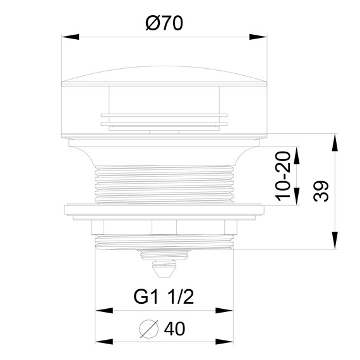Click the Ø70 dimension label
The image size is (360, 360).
pyautogui.click(x=164, y=23)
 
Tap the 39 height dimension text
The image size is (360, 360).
pyautogui.click(x=321, y=191)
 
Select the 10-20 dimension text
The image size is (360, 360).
pyautogui.click(x=283, y=176)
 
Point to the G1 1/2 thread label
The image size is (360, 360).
pyautogui.click(x=164, y=297)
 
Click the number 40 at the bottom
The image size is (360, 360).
pyautogui.click(x=174, y=329)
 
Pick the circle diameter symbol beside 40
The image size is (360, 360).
pyautogui.click(x=149, y=329)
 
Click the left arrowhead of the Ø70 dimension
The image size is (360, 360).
pyautogui.click(x=70, y=37)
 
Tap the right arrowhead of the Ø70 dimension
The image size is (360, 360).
pyautogui.click(x=258, y=37)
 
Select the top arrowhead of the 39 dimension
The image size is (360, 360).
pyautogui.click(x=335, y=142)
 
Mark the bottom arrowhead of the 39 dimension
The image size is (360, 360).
pyautogui.click(x=335, y=241)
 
